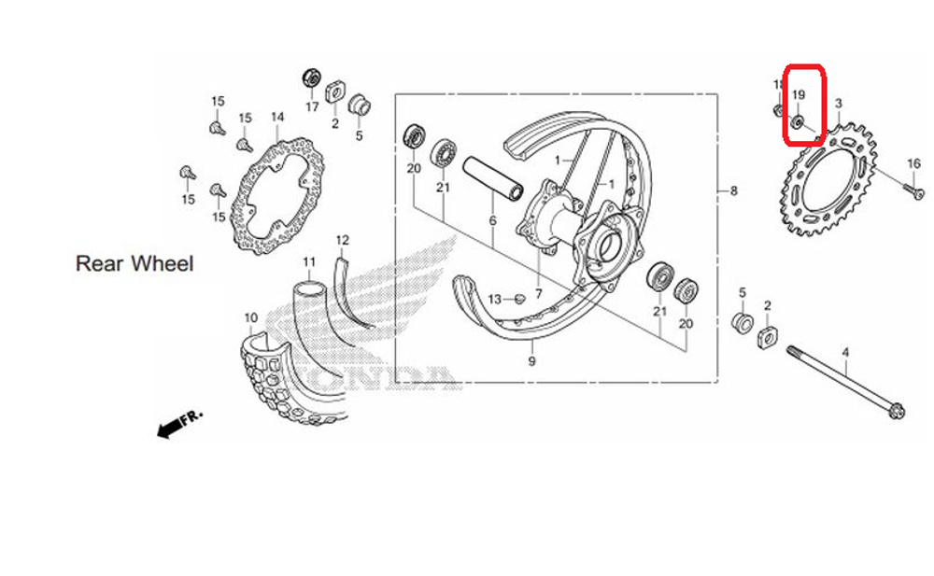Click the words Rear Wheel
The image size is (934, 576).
[x=134, y=264]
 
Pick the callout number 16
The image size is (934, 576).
[x=913, y=164]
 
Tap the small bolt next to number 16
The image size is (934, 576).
[x=914, y=191]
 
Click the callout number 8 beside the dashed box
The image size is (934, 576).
[x=733, y=191]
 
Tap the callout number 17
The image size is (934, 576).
[x=311, y=107]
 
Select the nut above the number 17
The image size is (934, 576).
[x=312, y=77]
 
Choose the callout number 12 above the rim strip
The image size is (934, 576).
[x=342, y=240]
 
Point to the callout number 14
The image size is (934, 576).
[x=277, y=118]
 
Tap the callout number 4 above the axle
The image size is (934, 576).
[x=845, y=352]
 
